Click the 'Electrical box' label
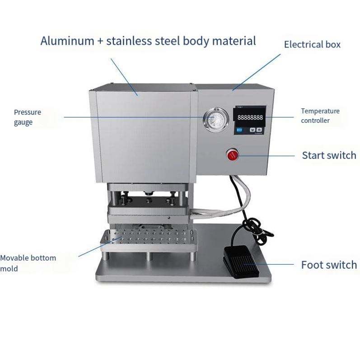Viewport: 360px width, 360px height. click(312, 44)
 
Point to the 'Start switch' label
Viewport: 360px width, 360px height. click(329, 155)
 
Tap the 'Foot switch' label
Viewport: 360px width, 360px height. click(329, 265)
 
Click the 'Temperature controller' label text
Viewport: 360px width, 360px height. click(320, 116)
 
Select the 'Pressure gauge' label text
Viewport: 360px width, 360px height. click(27, 117)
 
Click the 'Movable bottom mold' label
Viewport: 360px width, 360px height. click(28, 263)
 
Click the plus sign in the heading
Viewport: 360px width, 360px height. click(100, 41)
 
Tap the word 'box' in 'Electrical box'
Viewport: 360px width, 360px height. click(332, 44)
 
